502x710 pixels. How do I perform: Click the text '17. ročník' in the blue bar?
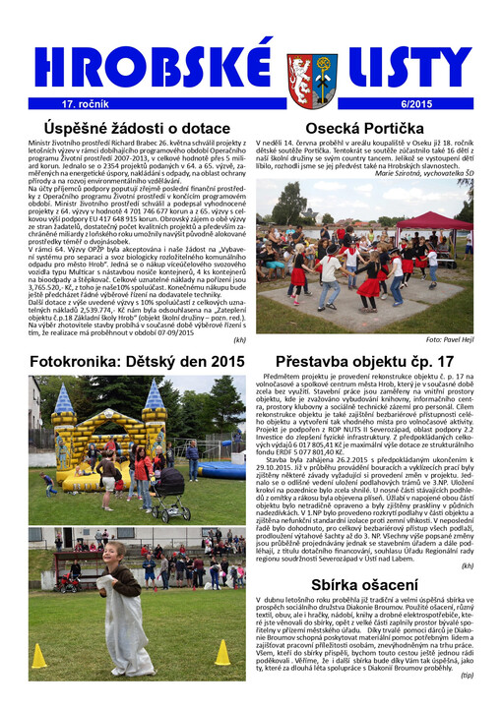[x=84, y=103]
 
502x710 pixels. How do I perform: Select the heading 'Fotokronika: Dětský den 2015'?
[x=137, y=362]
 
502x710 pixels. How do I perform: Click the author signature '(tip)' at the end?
[x=467, y=702]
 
